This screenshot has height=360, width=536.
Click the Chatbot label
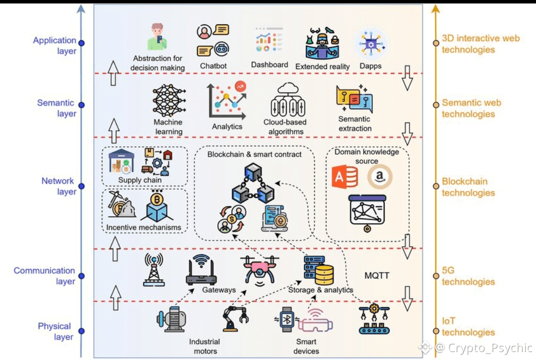coord(213,66)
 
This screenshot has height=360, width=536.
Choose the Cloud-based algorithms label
coord(285,126)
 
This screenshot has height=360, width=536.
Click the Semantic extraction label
coord(355,123)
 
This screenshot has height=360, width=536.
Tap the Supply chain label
coord(140,180)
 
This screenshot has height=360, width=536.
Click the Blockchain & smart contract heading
coord(255,154)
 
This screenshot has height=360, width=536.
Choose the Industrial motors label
coord(204,346)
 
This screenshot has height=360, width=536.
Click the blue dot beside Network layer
coord(81,186)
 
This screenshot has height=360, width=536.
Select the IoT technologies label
coord(468,327)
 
